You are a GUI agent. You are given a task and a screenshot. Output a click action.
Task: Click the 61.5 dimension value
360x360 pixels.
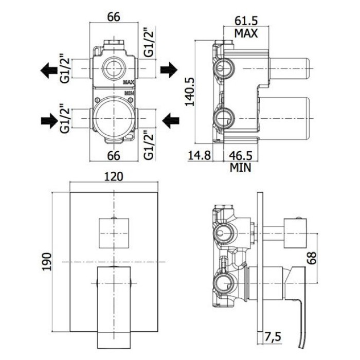point(246,21)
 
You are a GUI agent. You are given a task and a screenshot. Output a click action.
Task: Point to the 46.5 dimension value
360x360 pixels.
point(240,155)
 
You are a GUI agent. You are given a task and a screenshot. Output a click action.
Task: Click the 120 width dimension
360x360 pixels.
point(113,176)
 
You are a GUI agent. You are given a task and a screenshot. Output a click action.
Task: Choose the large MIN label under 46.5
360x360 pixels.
point(240,168)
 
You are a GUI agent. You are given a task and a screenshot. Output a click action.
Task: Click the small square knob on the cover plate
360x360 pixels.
point(113,233)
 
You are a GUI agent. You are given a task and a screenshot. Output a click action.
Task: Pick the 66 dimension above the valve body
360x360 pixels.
point(113,16)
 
